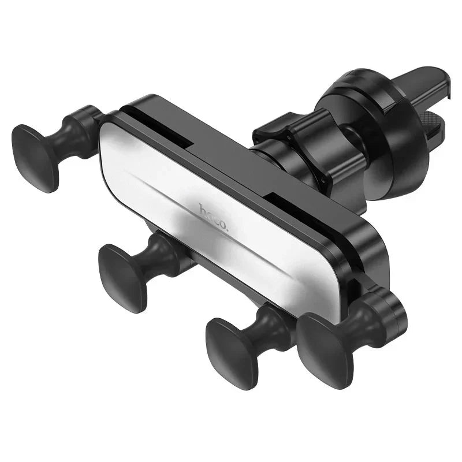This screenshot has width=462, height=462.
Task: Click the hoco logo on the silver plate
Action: pos(214,218)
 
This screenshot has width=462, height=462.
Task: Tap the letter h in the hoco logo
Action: pos(203,209)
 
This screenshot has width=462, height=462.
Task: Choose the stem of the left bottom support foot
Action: pos(162,254)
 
